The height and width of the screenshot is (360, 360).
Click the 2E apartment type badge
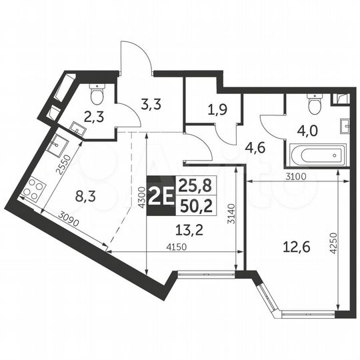click(161, 198)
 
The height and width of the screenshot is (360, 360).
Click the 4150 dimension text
click(174, 247)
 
